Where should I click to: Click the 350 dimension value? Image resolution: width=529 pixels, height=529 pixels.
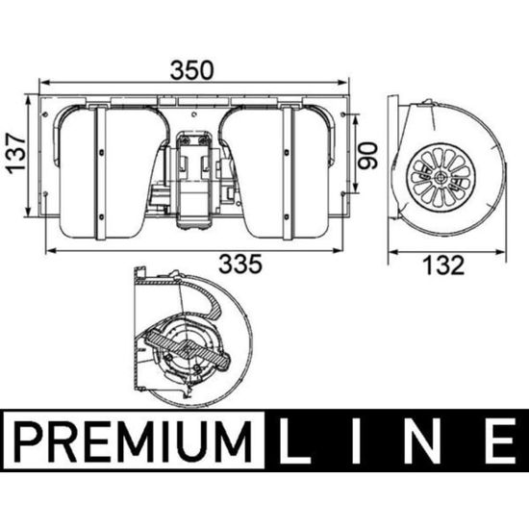point(191,70)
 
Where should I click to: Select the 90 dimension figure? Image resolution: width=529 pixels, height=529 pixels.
point(367,156)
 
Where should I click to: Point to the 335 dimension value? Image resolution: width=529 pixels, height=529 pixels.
point(240,264)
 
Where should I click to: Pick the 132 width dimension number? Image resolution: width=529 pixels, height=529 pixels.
point(444,265)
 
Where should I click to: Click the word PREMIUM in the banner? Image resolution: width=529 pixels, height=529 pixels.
point(134,441)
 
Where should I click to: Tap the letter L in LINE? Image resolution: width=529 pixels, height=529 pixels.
point(293,441)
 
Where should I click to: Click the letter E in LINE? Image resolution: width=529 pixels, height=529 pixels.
point(500,441)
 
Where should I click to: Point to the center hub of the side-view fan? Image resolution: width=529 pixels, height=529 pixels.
point(441,177)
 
